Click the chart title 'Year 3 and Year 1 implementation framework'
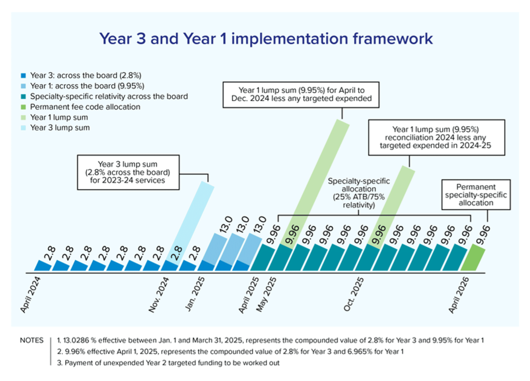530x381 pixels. click(266, 39)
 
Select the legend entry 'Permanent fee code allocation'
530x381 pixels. click(85, 107)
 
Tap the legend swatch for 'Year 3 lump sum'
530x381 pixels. click(23, 128)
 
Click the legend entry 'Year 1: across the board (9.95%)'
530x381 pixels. click(87, 86)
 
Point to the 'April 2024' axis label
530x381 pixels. click(30, 295)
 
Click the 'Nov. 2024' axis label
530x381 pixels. click(158, 295)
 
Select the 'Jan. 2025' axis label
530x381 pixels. click(195, 294)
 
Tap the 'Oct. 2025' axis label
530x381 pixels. click(353, 294)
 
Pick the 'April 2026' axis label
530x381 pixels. click(458, 295)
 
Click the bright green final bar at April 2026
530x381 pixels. click(473, 258)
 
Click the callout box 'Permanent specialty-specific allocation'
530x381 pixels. click(476, 195)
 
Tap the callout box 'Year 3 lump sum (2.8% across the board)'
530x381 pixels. click(128, 172)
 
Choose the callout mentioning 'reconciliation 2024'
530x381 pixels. click(436, 138)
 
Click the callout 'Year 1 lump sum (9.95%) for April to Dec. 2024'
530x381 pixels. click(301, 95)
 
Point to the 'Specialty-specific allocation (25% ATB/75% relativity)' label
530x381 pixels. click(358, 193)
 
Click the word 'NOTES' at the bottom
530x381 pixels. click(32, 340)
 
